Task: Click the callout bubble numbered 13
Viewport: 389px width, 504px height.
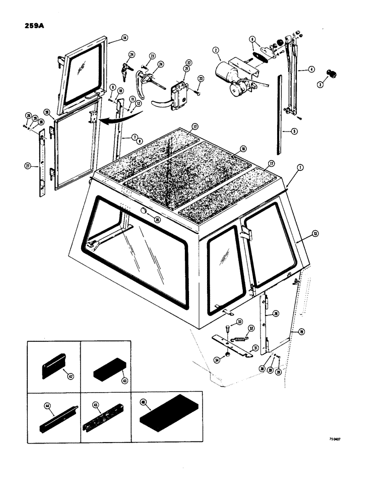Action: point(314,233)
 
